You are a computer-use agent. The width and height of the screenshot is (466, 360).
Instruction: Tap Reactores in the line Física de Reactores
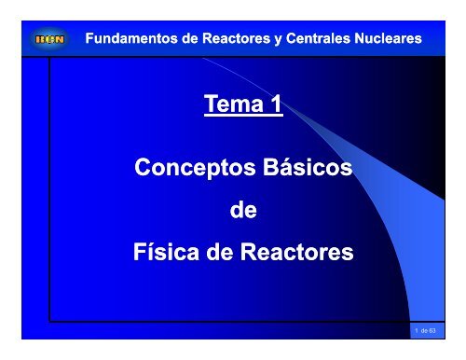point(295,253)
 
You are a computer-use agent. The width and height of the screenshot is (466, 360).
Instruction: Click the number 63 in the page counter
point(445,330)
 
